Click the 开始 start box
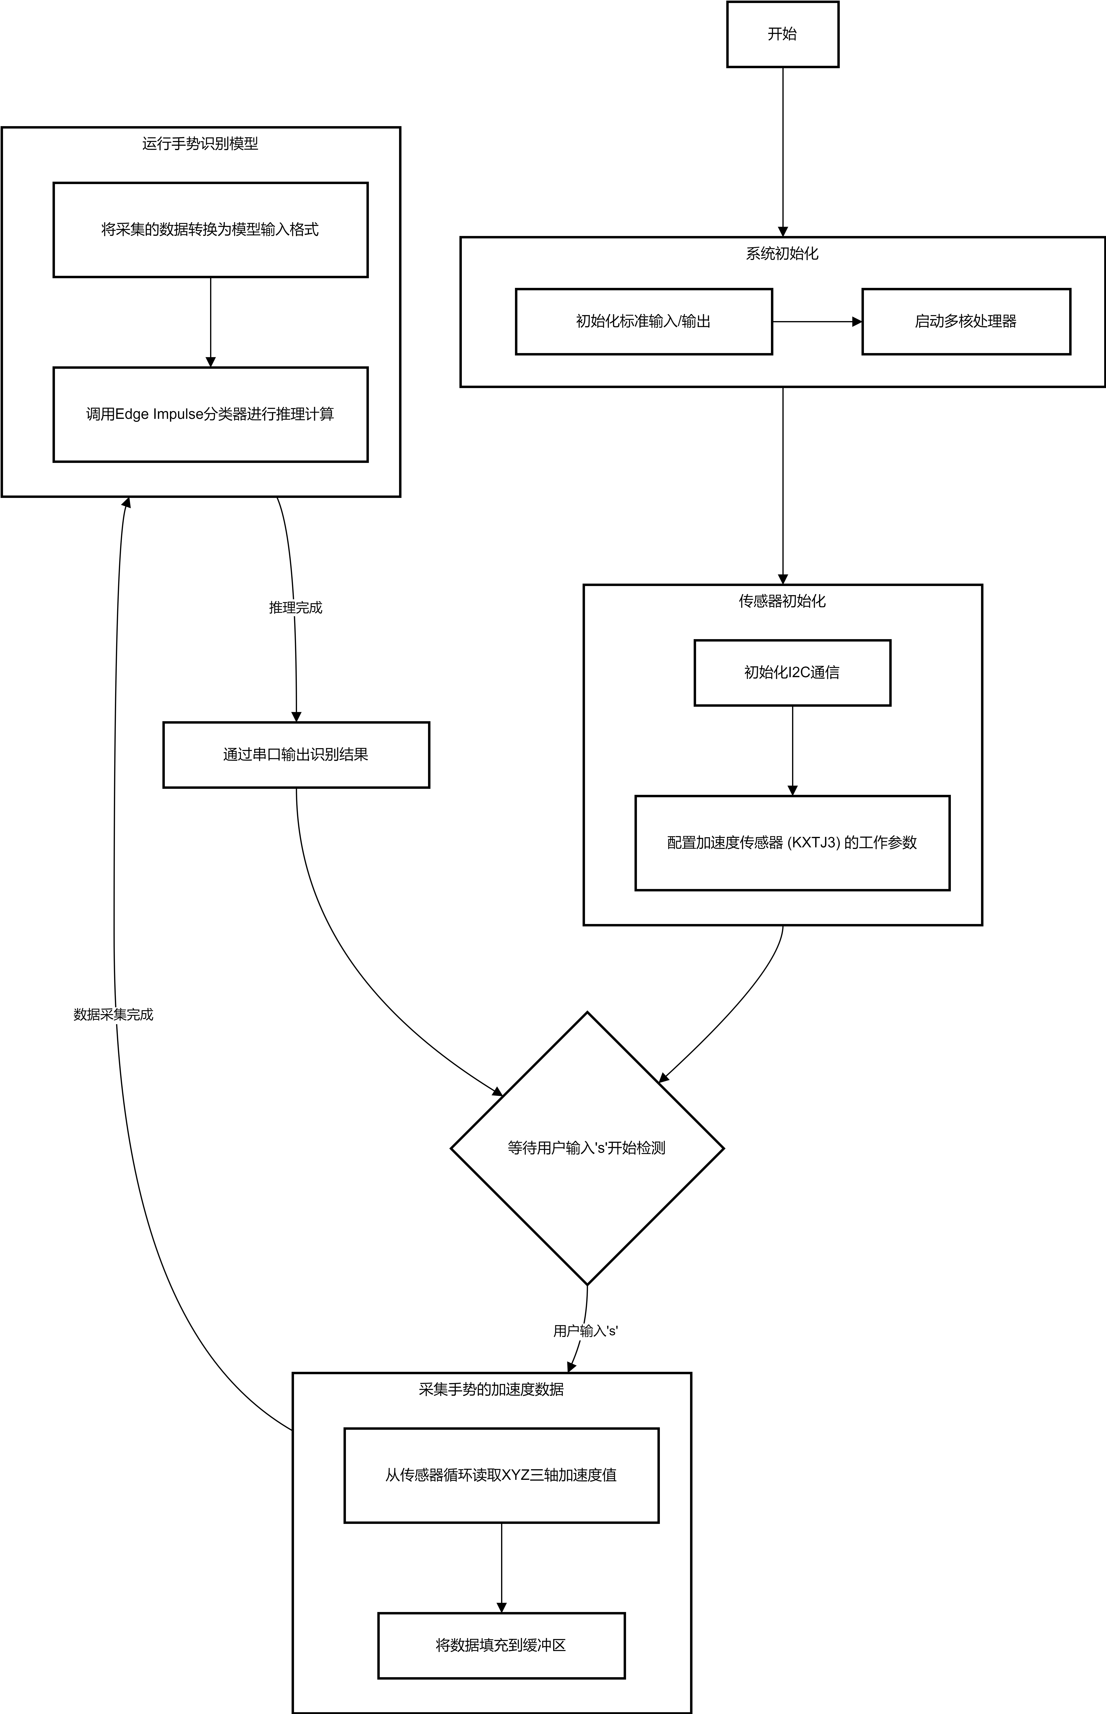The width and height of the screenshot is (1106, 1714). [783, 34]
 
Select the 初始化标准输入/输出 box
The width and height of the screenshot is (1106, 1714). [644, 321]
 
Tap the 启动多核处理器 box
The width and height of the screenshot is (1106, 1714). [966, 321]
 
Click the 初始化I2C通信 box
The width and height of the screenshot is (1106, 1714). [792, 673]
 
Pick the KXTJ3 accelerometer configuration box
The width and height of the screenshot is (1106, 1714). [792, 843]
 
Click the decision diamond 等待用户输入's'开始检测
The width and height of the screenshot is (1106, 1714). [587, 1148]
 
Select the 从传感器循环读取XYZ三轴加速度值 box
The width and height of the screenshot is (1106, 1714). [501, 1475]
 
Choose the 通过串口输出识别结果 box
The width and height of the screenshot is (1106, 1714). [296, 754]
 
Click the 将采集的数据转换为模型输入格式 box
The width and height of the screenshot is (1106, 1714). [210, 230]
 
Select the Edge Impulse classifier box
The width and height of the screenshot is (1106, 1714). [210, 414]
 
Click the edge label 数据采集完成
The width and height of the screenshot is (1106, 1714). [113, 1014]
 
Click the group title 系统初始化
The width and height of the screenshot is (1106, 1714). [782, 253]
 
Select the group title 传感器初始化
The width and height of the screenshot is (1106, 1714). [782, 601]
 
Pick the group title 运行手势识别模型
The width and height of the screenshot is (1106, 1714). [200, 144]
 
